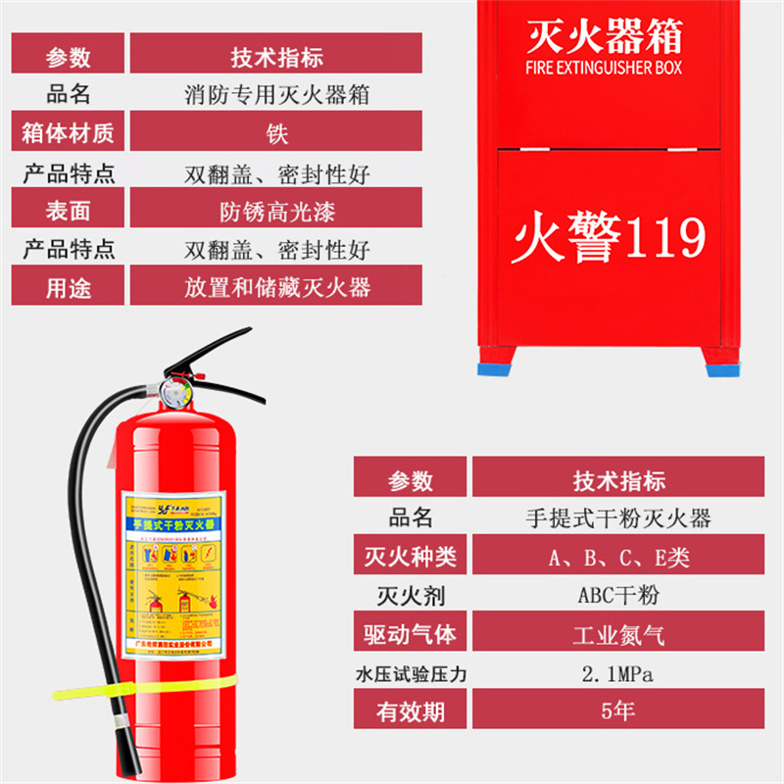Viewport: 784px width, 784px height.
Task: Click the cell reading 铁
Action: click(x=276, y=132)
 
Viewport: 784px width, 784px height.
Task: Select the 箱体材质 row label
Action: click(x=68, y=132)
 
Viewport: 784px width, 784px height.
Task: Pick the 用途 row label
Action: click(x=68, y=287)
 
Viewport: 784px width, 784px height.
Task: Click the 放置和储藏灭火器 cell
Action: click(x=276, y=287)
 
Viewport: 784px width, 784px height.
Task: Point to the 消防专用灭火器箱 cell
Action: click(x=276, y=94)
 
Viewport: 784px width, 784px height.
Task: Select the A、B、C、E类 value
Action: click(x=618, y=558)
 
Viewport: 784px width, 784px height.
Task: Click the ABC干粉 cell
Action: click(x=618, y=595)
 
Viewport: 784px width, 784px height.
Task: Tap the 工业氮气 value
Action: click(x=618, y=634)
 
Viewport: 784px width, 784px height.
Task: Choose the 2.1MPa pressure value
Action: click(x=618, y=673)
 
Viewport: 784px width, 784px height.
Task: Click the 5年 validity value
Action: click(x=618, y=710)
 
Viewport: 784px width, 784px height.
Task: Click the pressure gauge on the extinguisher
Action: click(x=175, y=394)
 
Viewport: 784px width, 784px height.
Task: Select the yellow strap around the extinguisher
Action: click(x=147, y=685)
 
